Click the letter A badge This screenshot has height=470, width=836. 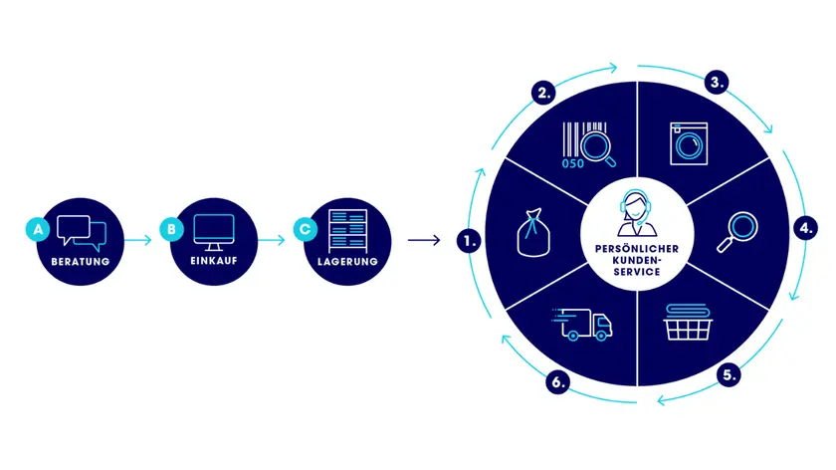(38, 229)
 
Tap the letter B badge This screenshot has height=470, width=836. (171, 229)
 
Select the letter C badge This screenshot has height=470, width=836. (306, 229)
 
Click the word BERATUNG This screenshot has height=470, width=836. (81, 262)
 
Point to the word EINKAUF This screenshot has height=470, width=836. (214, 261)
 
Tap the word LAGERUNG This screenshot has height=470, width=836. (347, 262)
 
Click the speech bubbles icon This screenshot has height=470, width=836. (82, 233)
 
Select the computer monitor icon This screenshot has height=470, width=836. (214, 232)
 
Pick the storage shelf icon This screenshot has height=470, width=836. (347, 231)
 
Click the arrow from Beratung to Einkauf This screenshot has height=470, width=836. (138, 240)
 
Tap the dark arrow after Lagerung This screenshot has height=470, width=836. (424, 240)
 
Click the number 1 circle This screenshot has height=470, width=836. (469, 241)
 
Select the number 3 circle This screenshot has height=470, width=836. (717, 83)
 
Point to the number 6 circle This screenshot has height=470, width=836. (557, 382)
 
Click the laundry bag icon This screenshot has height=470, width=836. (533, 233)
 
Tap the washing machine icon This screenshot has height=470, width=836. (689, 143)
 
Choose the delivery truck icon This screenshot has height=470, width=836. (582, 324)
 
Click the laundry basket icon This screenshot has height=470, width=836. (688, 322)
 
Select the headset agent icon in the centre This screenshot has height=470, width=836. (637, 213)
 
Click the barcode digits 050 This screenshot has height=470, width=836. (573, 163)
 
